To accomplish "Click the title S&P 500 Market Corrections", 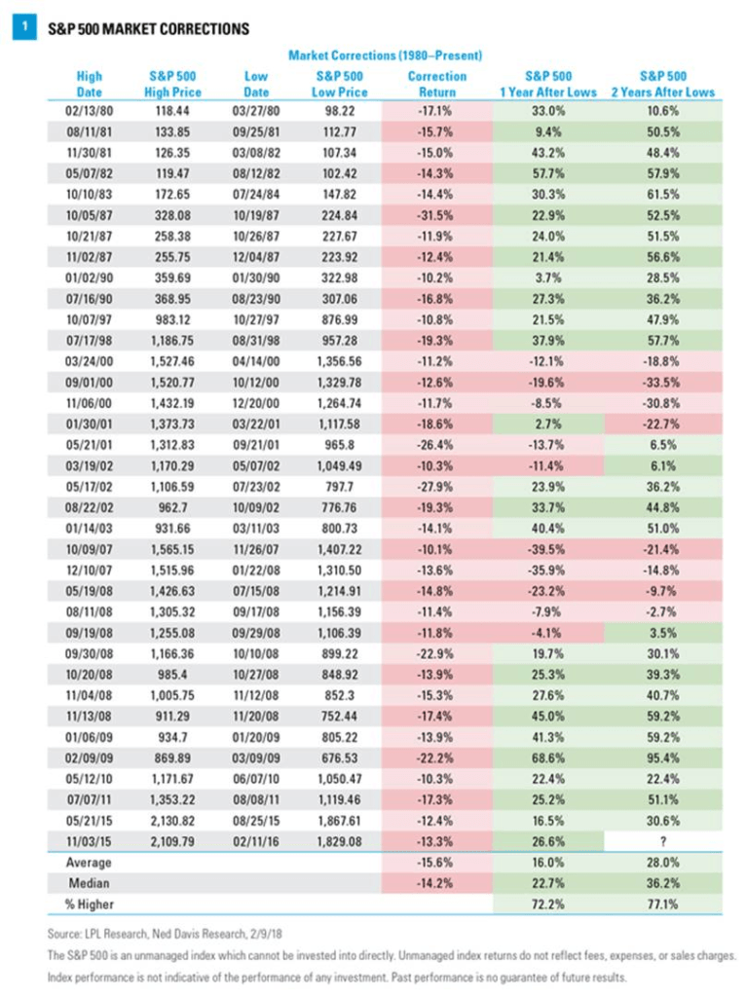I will pyautogui.click(x=148, y=28).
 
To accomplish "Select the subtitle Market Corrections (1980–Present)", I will pyautogui.click(x=387, y=55).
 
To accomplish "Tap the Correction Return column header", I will pyautogui.click(x=437, y=84).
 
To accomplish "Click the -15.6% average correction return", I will pyautogui.click(x=437, y=862).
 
